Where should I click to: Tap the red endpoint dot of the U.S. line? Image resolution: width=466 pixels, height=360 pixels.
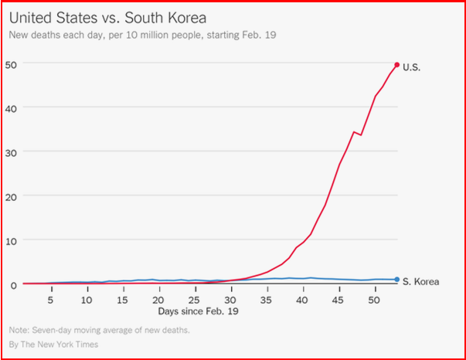coord(396,65)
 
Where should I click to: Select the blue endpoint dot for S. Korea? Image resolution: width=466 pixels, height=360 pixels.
coord(396,280)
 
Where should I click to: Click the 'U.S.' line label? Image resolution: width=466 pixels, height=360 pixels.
coord(412,67)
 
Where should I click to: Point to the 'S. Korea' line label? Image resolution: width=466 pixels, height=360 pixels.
coord(420,282)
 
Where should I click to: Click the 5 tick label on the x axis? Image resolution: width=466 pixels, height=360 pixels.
coord(50,300)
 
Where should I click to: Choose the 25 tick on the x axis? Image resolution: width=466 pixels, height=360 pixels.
coord(195,300)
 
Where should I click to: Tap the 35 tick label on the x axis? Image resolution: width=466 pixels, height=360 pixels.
coord(267,300)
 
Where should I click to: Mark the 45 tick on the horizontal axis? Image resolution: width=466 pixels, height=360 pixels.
coord(338,300)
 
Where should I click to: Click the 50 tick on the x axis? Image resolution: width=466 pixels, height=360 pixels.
coord(374,300)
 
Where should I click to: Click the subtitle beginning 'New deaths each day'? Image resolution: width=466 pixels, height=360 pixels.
coord(141,36)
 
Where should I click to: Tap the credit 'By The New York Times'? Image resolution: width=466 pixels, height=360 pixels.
coord(53,345)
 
